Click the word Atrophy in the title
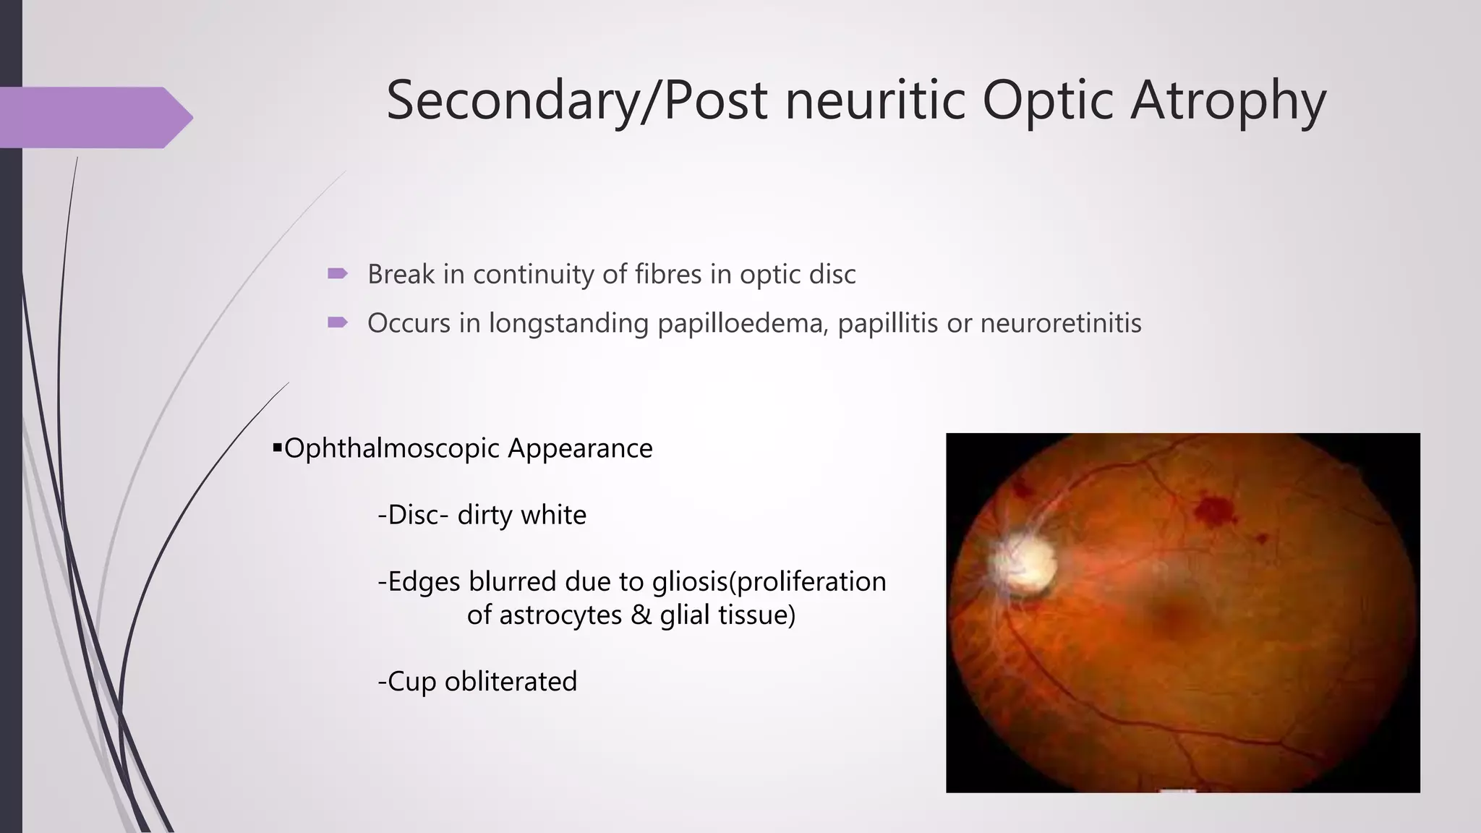[1228, 101]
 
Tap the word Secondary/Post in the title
[576, 101]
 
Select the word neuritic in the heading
[875, 101]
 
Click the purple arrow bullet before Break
[338, 273]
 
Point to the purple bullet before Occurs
[338, 322]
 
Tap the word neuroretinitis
[1060, 322]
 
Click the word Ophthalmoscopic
[392, 449]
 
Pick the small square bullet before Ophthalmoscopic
[277, 448]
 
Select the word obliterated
[511, 682]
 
